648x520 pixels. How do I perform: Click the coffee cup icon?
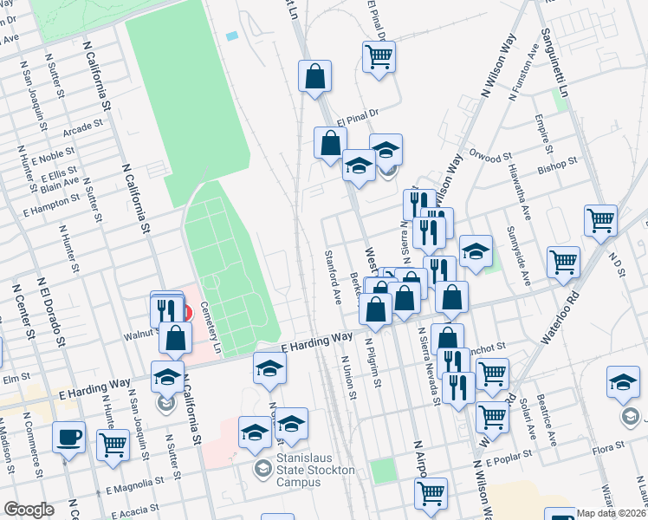[69, 438]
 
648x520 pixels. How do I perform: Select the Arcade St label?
[82, 126]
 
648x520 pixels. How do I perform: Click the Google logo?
[28, 509]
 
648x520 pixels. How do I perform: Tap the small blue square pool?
[230, 36]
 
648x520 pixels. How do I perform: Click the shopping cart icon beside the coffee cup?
[113, 445]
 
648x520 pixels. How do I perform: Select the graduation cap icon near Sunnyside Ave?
[476, 252]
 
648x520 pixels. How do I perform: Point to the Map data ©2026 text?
[611, 513]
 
